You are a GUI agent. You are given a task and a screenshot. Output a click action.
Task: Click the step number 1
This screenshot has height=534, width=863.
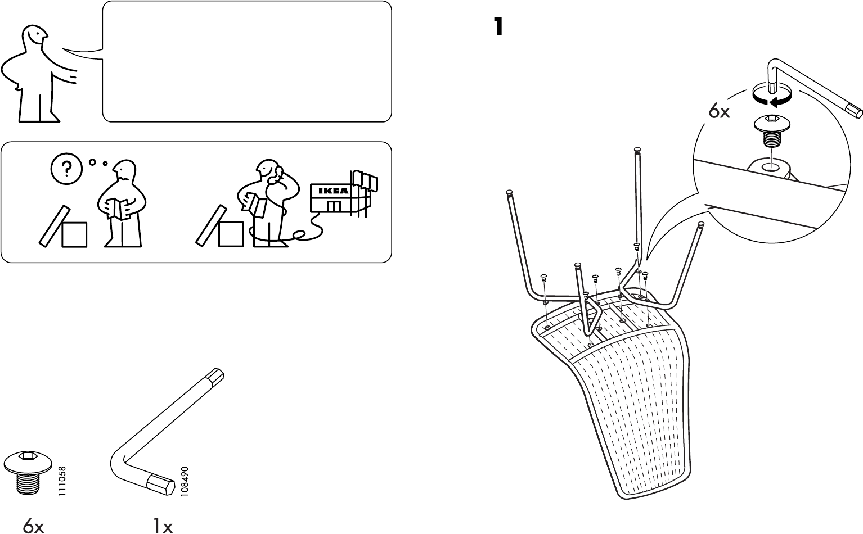tap(497, 26)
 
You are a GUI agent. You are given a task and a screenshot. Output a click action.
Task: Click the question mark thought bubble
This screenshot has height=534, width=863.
tap(67, 168)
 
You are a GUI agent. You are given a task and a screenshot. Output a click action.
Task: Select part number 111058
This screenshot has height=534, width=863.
tap(62, 481)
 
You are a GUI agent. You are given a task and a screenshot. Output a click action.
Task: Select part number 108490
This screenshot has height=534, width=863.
tap(184, 481)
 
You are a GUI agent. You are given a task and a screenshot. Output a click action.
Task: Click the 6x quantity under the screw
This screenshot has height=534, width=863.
tap(33, 526)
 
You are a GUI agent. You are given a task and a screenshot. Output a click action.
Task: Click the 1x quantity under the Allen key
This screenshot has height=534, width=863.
tap(162, 526)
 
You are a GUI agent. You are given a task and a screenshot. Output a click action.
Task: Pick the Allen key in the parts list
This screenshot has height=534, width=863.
tap(169, 433)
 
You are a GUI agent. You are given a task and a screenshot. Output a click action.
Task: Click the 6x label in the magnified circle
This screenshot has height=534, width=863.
tap(719, 112)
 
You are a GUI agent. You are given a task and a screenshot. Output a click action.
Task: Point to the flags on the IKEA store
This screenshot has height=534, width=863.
tap(364, 180)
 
